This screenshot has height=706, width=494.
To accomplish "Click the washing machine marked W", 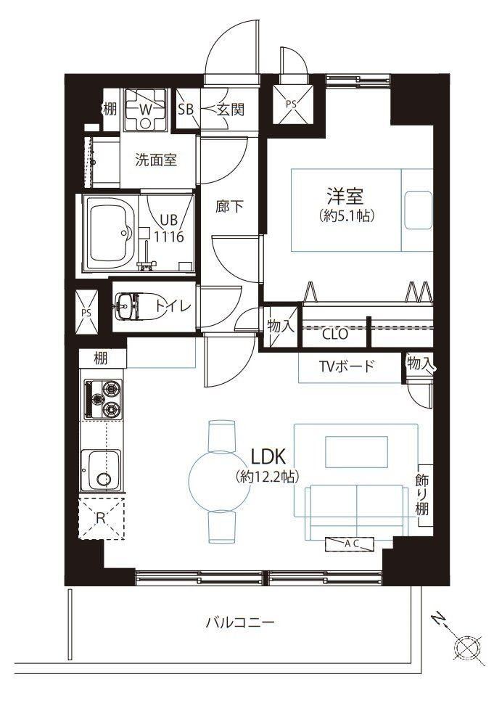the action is [146, 110].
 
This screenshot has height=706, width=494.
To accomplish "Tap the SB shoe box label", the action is [186, 109].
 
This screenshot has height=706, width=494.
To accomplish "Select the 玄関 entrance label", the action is [230, 109].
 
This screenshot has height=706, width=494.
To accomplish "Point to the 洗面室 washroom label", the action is [156, 160].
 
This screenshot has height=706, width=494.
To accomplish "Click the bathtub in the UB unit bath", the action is [111, 233].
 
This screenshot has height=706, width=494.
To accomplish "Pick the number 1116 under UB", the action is [169, 237].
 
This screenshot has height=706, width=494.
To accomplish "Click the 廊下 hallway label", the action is [229, 207].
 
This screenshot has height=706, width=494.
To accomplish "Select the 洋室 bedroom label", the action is [345, 196].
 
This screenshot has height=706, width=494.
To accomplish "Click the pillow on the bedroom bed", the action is [418, 210].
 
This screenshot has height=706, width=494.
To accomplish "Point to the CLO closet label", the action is [335, 334].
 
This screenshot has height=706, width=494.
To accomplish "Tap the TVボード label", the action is [347, 366].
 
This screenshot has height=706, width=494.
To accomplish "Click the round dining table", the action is [219, 481].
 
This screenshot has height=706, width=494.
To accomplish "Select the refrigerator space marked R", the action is [102, 518].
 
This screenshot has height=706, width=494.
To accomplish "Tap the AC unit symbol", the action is [350, 544].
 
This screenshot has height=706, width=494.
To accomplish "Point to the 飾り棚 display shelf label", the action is [422, 494].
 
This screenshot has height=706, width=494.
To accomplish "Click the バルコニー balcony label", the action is [240, 623].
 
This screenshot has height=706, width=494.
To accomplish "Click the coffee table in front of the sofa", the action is [356, 451].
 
